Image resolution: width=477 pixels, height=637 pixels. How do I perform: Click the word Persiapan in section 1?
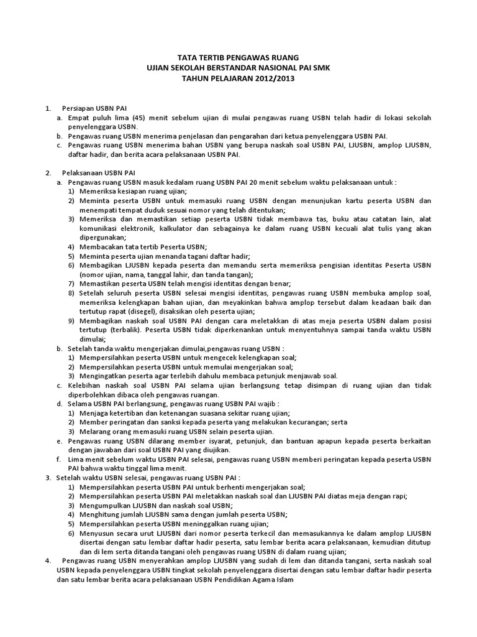coord(78,108)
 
